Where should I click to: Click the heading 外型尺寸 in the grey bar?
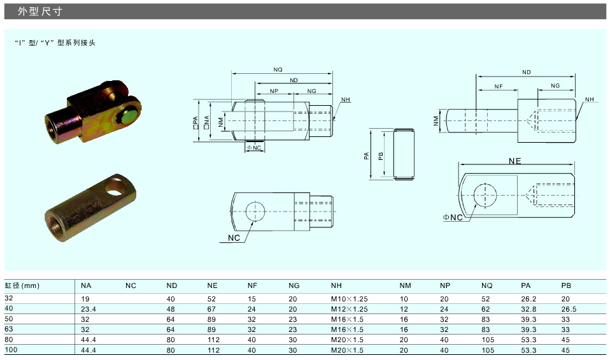coord(39,11)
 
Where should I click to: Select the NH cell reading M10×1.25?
coord(349,299)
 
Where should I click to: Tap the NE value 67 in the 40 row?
coord(211,309)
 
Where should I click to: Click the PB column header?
coord(566,285)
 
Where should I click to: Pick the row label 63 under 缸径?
coord(8,329)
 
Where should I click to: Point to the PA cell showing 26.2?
coord(528,299)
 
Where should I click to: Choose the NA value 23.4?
coord(89,309)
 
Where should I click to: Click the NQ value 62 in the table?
coord(485,309)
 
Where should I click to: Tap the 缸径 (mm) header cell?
coord(22,285)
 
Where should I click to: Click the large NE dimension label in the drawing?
coord(514,161)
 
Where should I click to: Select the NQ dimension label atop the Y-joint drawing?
coord(278,69)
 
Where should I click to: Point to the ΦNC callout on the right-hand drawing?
coord(453,217)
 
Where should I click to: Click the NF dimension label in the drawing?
coord(499,87)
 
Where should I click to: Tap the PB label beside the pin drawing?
coord(381,156)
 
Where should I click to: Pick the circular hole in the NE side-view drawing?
coord(485,194)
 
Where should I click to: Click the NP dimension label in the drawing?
coord(274,91)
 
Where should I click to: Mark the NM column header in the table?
coord(405,285)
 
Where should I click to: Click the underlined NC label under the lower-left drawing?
coord(234,238)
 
